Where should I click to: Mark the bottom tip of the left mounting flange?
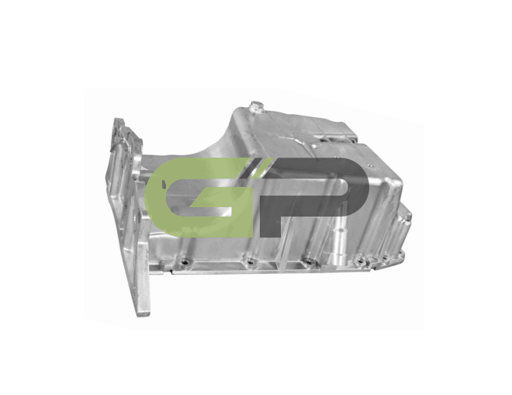point(143,314)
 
